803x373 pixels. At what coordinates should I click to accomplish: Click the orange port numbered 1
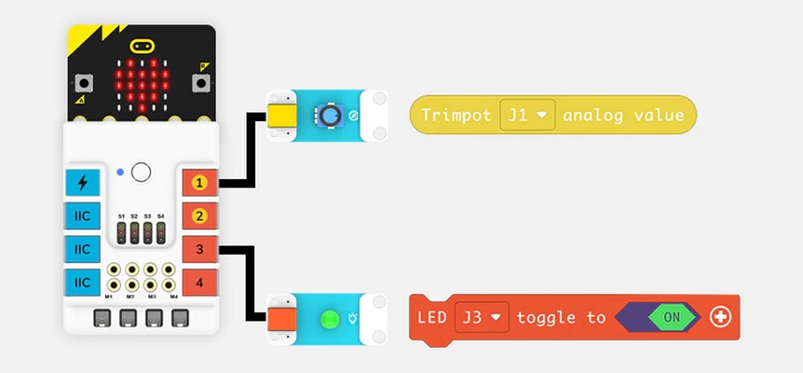(198, 184)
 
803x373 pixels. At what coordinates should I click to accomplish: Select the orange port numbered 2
(198, 216)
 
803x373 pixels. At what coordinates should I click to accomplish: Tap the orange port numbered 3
(198, 249)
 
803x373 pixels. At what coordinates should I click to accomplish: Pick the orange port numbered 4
(198, 281)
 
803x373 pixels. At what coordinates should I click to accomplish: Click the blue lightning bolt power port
(83, 183)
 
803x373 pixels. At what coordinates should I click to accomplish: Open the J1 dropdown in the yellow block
(528, 116)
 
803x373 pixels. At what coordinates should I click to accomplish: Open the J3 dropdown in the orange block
(483, 318)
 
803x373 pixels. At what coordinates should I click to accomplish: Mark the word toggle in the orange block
(548, 318)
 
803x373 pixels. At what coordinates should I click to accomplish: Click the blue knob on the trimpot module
(330, 116)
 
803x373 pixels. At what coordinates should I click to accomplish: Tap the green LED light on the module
(328, 319)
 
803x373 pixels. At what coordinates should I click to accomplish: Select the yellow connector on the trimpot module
(279, 116)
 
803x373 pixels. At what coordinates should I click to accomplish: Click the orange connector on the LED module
(279, 319)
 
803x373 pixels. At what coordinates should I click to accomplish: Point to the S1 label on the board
(121, 215)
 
